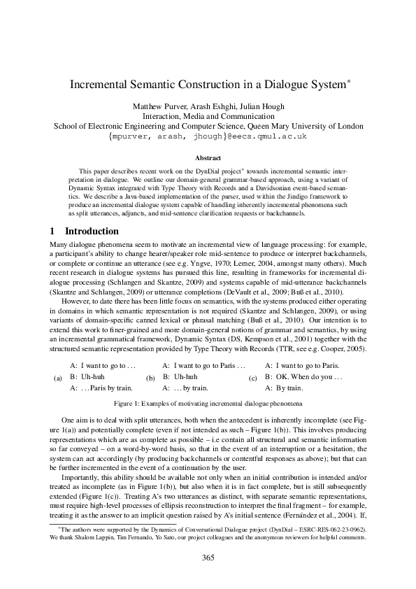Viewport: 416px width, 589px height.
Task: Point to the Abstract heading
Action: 208,159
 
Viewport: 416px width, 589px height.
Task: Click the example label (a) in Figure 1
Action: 58,378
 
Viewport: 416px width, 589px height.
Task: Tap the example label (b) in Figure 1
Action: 150,378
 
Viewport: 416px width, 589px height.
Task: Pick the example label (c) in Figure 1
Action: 253,378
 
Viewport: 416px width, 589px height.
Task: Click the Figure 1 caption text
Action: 208,404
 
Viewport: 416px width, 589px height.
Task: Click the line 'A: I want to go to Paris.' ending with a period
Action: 303,365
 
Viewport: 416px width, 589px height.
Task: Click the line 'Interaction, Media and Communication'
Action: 208,116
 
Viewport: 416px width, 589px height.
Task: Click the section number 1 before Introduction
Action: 53,232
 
